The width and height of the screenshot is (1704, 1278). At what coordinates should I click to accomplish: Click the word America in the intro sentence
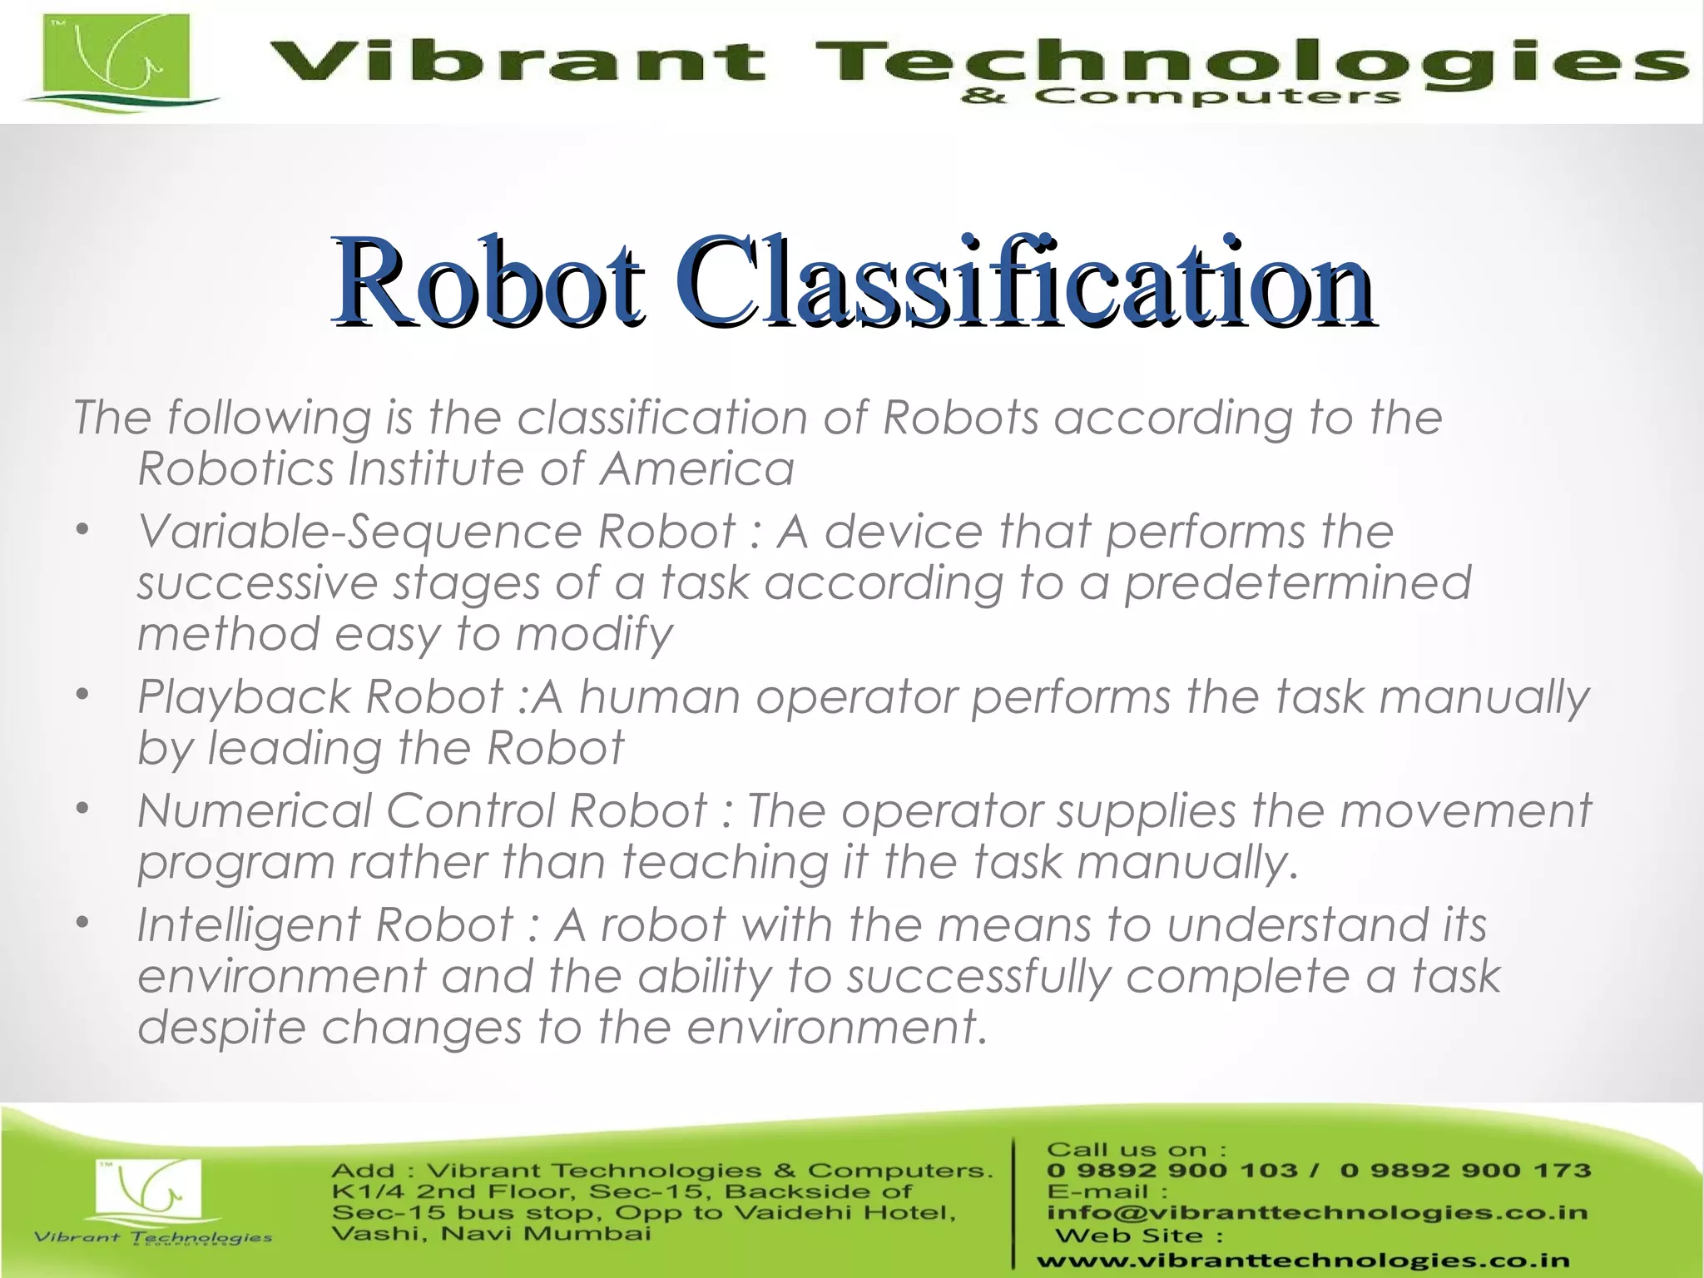point(697,468)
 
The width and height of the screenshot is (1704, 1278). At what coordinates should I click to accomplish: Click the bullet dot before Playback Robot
point(82,695)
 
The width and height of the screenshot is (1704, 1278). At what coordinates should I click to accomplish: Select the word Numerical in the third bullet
point(255,810)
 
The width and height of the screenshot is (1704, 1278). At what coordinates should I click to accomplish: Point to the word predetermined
point(1297,583)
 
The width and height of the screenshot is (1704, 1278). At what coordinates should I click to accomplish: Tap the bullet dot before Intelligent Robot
point(82,923)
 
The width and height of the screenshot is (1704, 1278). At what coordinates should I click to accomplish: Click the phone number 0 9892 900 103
point(1171,1171)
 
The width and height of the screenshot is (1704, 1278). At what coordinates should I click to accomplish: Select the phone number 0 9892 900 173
point(1465,1171)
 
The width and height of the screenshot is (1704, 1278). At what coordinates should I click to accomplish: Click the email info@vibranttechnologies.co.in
point(1317,1212)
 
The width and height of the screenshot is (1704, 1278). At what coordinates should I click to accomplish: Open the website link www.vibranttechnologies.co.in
point(1303,1261)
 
